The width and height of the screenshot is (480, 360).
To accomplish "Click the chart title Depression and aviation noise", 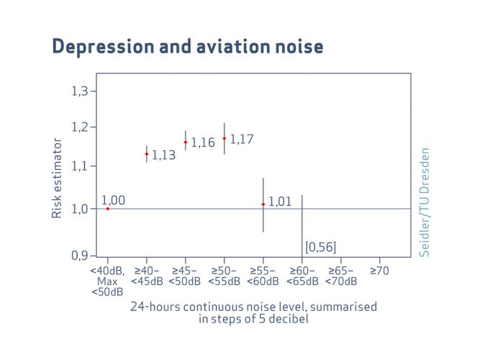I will click(x=188, y=46).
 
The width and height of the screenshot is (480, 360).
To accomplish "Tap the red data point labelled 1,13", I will click(x=147, y=153).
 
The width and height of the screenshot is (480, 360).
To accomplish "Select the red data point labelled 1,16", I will click(x=186, y=142).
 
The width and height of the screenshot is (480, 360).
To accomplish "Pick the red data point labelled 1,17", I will click(x=225, y=138).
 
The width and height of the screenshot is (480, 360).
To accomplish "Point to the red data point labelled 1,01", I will click(x=263, y=204).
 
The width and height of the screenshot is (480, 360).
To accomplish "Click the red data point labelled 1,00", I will click(x=108, y=208).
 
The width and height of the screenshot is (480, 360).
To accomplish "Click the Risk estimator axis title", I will click(x=57, y=179).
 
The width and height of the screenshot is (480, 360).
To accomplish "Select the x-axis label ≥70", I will click(x=379, y=271).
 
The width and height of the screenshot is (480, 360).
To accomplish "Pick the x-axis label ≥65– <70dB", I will click(x=340, y=276).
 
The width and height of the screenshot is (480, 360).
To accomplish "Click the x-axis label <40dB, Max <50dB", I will click(x=108, y=282).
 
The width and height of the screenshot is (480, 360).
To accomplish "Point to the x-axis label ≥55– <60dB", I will click(x=263, y=276).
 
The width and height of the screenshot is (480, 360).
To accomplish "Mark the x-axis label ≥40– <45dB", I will click(x=147, y=276).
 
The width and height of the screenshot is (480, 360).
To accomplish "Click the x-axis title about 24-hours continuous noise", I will click(x=253, y=312).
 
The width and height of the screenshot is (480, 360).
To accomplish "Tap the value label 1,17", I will click(x=242, y=139).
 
